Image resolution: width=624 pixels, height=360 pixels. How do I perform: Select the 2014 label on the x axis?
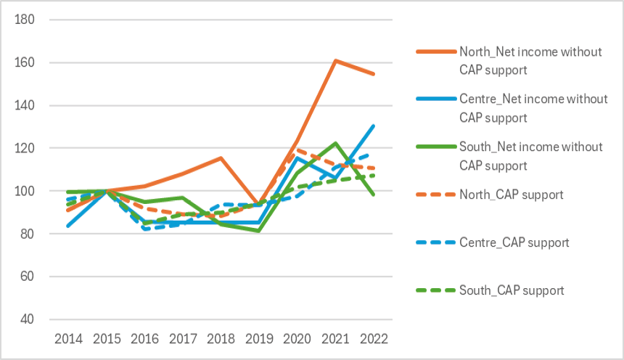[x=69, y=338]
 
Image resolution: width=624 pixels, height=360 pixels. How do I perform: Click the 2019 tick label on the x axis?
[x=258, y=338]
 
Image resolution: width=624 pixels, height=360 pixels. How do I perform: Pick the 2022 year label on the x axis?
[x=373, y=338]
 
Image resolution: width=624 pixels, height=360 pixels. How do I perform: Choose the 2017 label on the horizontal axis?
[x=183, y=338]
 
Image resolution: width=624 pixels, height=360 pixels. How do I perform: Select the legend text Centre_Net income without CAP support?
[x=533, y=108]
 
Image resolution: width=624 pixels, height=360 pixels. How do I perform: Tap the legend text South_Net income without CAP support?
[x=531, y=156]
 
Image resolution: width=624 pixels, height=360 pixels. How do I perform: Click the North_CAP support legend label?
[x=512, y=195]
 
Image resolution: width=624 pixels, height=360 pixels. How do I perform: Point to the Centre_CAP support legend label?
[x=514, y=242]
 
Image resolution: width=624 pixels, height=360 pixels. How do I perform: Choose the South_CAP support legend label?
[x=512, y=290]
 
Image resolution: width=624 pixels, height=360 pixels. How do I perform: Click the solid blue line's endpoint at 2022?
[x=374, y=126]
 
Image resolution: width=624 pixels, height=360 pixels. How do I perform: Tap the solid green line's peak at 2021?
[x=335, y=143]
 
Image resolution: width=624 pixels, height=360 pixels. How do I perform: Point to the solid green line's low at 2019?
[x=259, y=231]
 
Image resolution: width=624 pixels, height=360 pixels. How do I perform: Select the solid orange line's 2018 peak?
[x=221, y=158]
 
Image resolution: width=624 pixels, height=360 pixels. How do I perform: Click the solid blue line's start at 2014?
[x=69, y=226]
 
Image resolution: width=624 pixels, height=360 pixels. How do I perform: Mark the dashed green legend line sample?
[x=434, y=290]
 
